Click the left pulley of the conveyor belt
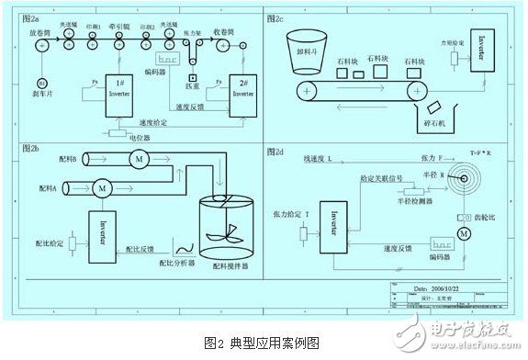[307, 89]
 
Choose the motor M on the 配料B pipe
[140, 158]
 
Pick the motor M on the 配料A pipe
[103, 186]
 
